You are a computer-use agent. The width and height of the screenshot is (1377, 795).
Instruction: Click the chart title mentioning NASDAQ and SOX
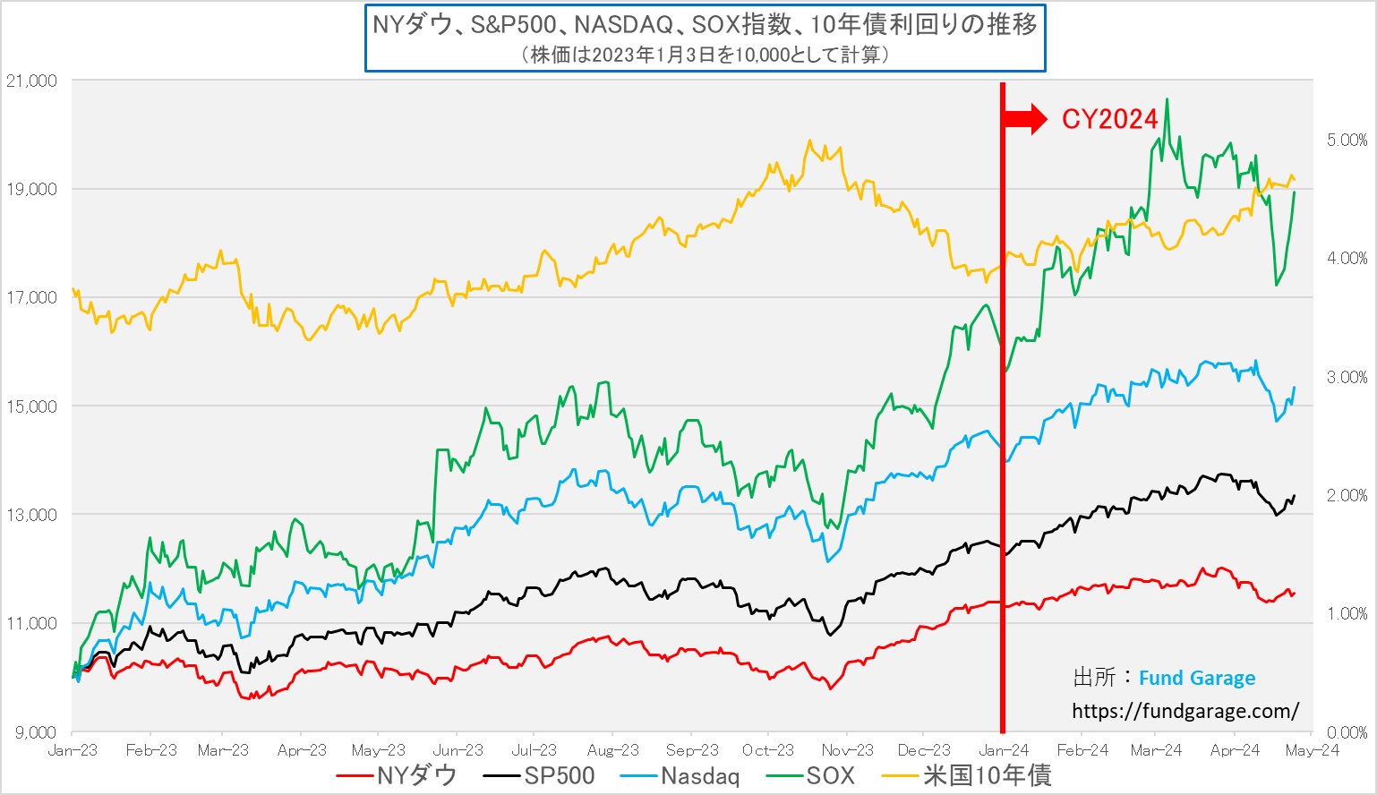pos(705,25)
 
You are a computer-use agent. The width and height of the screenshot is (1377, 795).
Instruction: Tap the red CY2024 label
pos(1109,119)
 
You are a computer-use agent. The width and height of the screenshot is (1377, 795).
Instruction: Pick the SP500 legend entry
pos(539,775)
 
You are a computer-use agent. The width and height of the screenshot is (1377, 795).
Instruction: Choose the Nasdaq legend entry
pos(683,775)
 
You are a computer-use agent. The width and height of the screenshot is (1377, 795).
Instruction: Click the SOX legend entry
pos(812,775)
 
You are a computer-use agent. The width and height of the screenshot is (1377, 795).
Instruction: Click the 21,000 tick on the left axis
pos(31,81)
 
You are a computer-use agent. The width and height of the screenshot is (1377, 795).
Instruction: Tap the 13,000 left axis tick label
pos(31,515)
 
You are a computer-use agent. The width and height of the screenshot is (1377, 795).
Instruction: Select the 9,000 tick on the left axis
pos(35,732)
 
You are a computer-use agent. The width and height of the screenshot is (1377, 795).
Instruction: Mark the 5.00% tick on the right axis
pos(1347,141)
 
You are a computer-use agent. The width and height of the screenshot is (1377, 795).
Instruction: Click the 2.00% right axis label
pos(1347,496)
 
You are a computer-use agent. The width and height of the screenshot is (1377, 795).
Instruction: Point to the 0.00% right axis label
pos(1347,732)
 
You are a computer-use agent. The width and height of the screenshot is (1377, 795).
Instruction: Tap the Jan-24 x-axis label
pos(1004,750)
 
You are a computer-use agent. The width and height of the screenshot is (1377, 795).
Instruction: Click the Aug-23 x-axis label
pos(612,750)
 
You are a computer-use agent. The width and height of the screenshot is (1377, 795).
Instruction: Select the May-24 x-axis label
pos(1312,750)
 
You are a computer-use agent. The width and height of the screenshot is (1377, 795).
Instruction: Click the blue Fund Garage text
pos(1196,678)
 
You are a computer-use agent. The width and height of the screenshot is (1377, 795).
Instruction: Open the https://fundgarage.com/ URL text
pos(1185,711)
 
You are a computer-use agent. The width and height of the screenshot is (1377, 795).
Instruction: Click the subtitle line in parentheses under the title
pos(705,55)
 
